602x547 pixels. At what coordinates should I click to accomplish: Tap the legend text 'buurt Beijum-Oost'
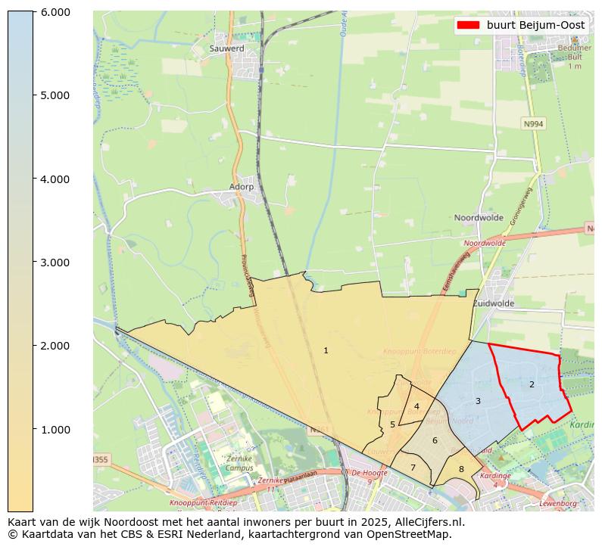click(535, 25)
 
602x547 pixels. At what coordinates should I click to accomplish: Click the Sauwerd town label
click(226, 48)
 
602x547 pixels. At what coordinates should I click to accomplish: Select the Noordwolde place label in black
click(479, 218)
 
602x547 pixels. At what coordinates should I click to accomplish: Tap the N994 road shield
click(533, 123)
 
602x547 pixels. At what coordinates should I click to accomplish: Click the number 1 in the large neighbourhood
click(326, 350)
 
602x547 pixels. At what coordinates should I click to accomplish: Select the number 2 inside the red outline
click(532, 384)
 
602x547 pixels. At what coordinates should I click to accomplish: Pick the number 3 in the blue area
click(478, 401)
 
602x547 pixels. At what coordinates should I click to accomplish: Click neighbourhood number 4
click(416, 406)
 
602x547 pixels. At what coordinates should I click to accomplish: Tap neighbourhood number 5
click(392, 424)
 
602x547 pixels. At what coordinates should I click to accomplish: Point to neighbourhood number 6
click(435, 440)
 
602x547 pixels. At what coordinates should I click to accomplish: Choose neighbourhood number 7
click(413, 468)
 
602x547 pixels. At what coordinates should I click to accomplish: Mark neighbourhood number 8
click(460, 470)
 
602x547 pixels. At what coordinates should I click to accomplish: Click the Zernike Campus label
click(239, 464)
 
